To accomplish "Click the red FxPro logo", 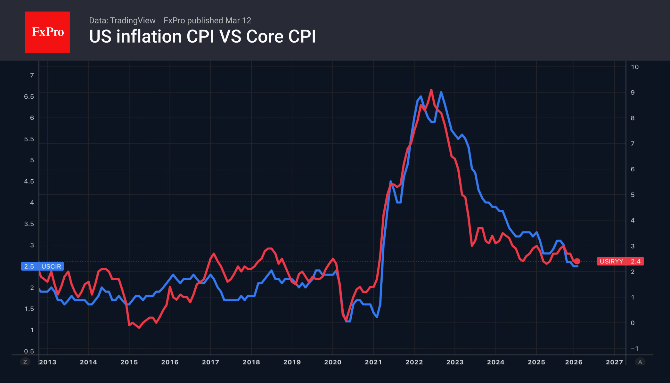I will pyautogui.click(x=47, y=32).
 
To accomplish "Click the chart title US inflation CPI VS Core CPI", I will pyautogui.click(x=202, y=37).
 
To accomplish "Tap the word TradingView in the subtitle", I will pyautogui.click(x=132, y=20).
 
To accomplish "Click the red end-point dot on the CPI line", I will pyautogui.click(x=577, y=261).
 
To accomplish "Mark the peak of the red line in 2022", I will pyautogui.click(x=431, y=90).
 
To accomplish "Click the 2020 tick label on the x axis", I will pyautogui.click(x=332, y=362).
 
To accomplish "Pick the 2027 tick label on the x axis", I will pyautogui.click(x=614, y=362).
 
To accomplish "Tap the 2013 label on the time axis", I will pyautogui.click(x=48, y=362).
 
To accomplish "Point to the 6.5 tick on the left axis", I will pyautogui.click(x=29, y=96).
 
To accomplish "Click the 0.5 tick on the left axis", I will pyautogui.click(x=29, y=351).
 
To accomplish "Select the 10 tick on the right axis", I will pyautogui.click(x=634, y=67).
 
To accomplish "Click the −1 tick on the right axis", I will pyautogui.click(x=634, y=348).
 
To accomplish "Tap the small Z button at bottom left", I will pyautogui.click(x=25, y=362).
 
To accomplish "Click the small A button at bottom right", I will pyautogui.click(x=640, y=362).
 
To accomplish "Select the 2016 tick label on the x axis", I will pyautogui.click(x=170, y=362).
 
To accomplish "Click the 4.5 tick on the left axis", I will pyautogui.click(x=29, y=181).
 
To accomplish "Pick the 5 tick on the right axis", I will pyautogui.click(x=633, y=195).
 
